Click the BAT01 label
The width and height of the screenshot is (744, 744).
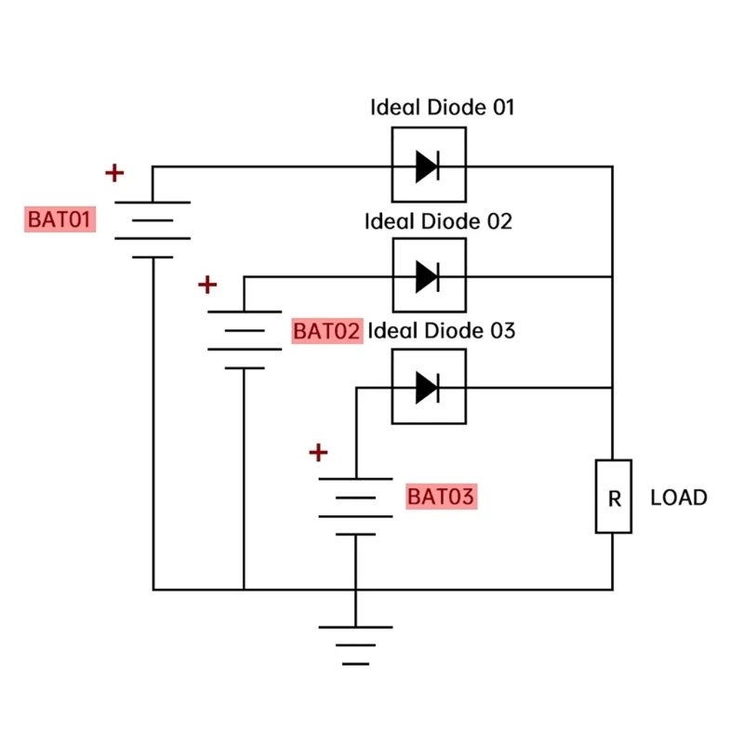click(60, 220)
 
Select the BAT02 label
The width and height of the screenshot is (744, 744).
click(326, 331)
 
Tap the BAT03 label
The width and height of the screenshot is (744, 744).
click(441, 497)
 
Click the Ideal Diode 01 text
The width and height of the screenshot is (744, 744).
click(442, 107)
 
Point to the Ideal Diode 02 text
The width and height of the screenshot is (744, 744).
click(439, 221)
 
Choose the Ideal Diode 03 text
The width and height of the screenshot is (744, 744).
click(442, 330)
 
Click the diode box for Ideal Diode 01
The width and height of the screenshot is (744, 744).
click(428, 166)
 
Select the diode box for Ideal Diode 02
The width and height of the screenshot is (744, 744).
click(428, 275)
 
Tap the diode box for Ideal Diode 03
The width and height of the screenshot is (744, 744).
click(428, 386)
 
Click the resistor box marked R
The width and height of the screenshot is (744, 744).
click(614, 497)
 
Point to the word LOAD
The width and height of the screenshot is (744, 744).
click(679, 498)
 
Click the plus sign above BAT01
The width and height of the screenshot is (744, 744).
click(113, 173)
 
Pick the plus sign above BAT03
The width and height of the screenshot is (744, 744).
click(319, 453)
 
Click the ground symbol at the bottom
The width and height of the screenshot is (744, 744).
click(355, 644)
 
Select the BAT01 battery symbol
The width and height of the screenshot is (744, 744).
click(153, 229)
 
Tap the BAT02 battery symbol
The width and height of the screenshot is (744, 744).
click(244, 339)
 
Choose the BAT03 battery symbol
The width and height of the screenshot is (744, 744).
click(355, 506)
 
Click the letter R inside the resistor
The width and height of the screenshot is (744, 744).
click(614, 498)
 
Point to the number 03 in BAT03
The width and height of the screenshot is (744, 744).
click(462, 497)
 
